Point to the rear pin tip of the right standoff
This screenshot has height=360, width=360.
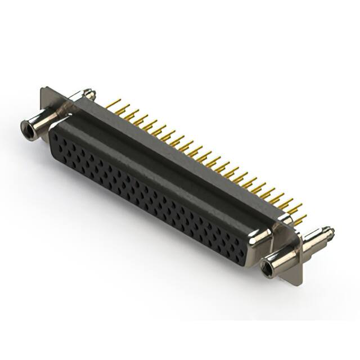pyautogui.click(x=330, y=231)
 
